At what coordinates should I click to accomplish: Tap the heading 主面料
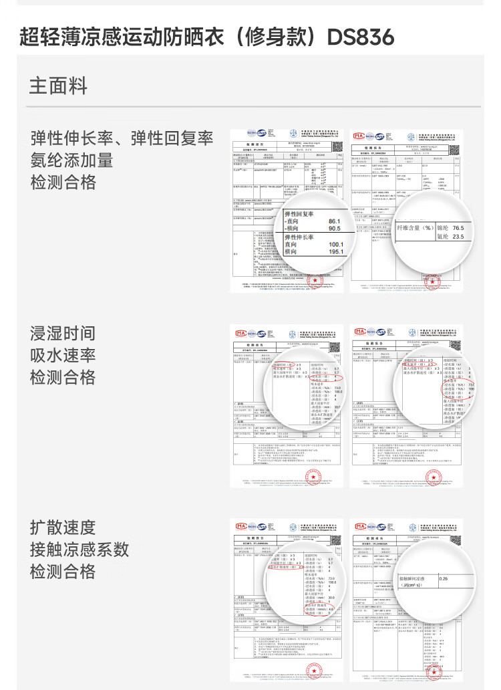click(x=58, y=86)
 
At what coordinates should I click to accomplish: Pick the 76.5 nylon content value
click(x=458, y=228)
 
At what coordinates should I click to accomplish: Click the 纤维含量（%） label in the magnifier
click(x=415, y=228)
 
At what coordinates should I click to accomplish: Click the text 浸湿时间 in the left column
click(x=63, y=333)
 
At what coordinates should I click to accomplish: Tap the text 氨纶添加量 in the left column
click(x=72, y=160)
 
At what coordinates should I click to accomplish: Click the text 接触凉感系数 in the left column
click(x=79, y=550)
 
